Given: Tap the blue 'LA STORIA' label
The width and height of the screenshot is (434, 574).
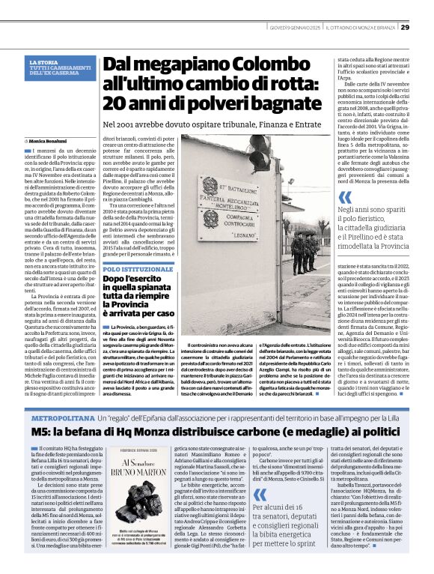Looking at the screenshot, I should click(x=41, y=62).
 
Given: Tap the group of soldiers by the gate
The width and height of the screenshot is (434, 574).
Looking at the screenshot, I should click(x=304, y=251).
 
